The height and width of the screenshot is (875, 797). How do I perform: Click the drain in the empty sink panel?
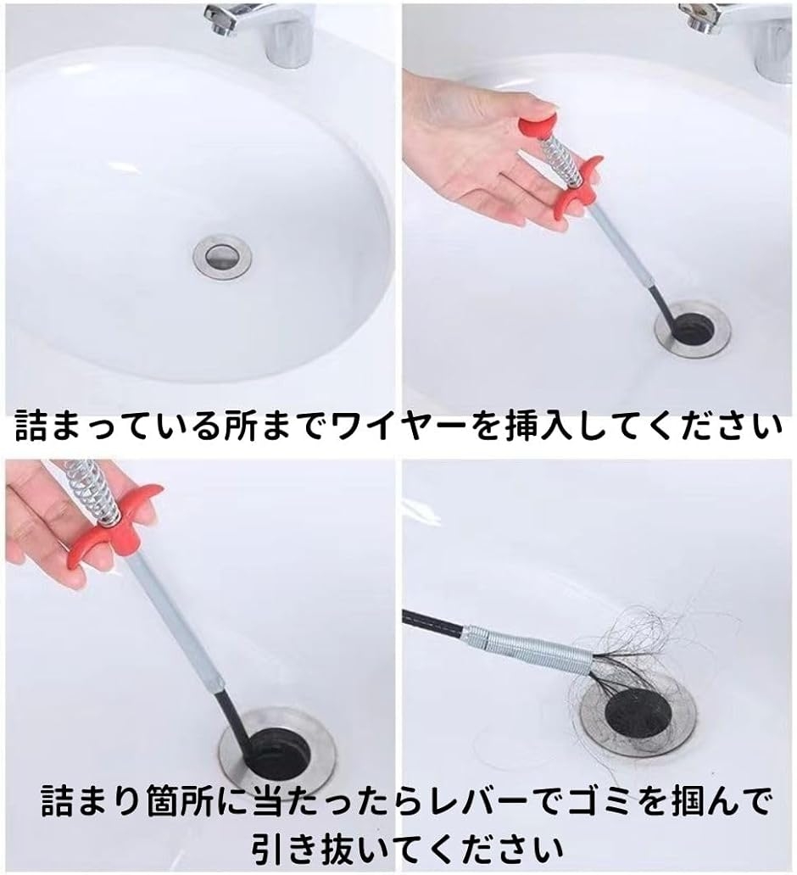coord(222,256)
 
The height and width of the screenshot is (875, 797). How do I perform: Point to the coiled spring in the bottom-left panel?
coord(92,491)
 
